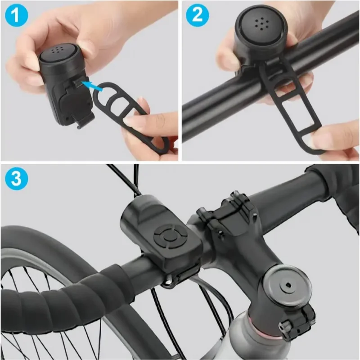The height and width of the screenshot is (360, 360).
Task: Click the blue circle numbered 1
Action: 16,16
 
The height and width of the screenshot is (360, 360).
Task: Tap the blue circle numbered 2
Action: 197,16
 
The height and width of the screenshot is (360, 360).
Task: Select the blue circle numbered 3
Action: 16,179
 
